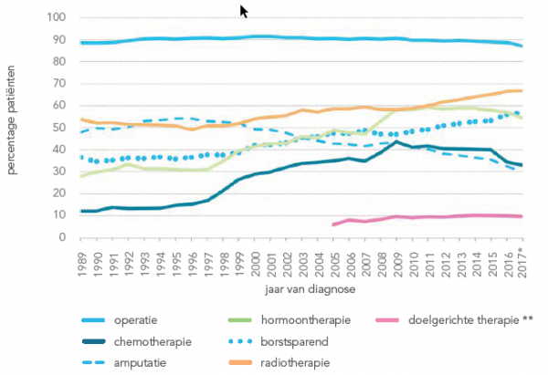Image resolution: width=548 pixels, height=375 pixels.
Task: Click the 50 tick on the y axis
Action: pyautogui.click(x=59, y=128)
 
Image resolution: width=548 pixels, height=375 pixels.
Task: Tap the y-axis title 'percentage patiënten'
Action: pyautogui.click(x=14, y=128)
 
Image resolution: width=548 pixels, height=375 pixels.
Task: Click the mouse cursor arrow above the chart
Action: pyautogui.click(x=243, y=11)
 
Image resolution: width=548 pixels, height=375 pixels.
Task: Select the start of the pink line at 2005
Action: pyautogui.click(x=333, y=224)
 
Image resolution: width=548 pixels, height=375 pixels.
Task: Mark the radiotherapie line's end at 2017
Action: pyautogui.click(x=521, y=90)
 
